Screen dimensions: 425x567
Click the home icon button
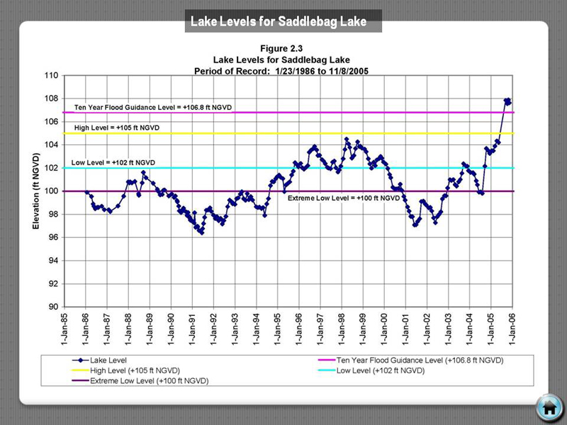pos(549,407)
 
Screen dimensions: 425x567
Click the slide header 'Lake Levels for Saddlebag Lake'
pos(279,22)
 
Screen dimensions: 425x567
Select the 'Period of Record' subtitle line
pos(281,72)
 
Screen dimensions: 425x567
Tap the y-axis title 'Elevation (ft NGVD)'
pos(36,191)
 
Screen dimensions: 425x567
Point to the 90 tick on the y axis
pos(53,307)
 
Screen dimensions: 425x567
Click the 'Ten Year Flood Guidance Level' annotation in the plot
pos(153,107)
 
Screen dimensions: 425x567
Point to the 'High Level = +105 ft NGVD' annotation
pos(117,128)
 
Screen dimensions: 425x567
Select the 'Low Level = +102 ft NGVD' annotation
pos(113,164)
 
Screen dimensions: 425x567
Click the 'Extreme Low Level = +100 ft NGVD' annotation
pos(344,198)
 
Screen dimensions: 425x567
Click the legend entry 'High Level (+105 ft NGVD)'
pos(135,370)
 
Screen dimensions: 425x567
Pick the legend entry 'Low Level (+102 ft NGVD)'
pos(380,370)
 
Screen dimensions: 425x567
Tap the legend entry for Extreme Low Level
pos(149,381)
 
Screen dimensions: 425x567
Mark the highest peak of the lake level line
pos(507,100)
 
